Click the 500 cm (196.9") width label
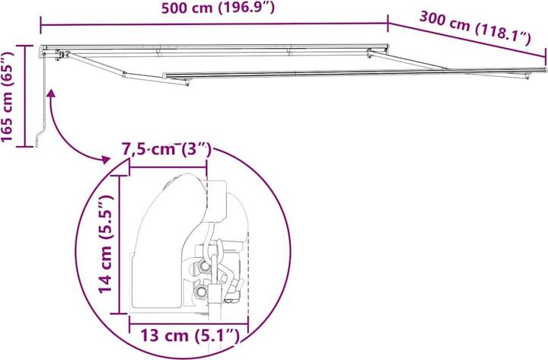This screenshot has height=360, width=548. point(218,8)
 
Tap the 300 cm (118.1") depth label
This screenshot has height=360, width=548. point(475,28)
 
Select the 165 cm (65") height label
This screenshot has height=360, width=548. point(8,97)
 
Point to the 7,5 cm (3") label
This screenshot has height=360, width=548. point(167,150)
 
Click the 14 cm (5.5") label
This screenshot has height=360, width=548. point(106,244)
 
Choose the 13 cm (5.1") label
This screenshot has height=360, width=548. point(190,336)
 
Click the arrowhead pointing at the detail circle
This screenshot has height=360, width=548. point(105,160)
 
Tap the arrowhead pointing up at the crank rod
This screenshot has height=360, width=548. point(51,94)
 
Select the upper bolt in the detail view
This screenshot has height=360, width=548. point(204,266)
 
